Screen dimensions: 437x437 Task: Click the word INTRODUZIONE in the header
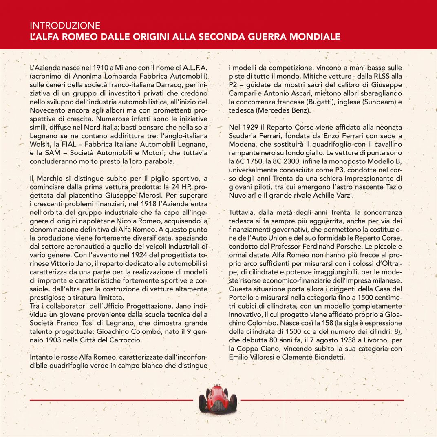coord(65,26)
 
